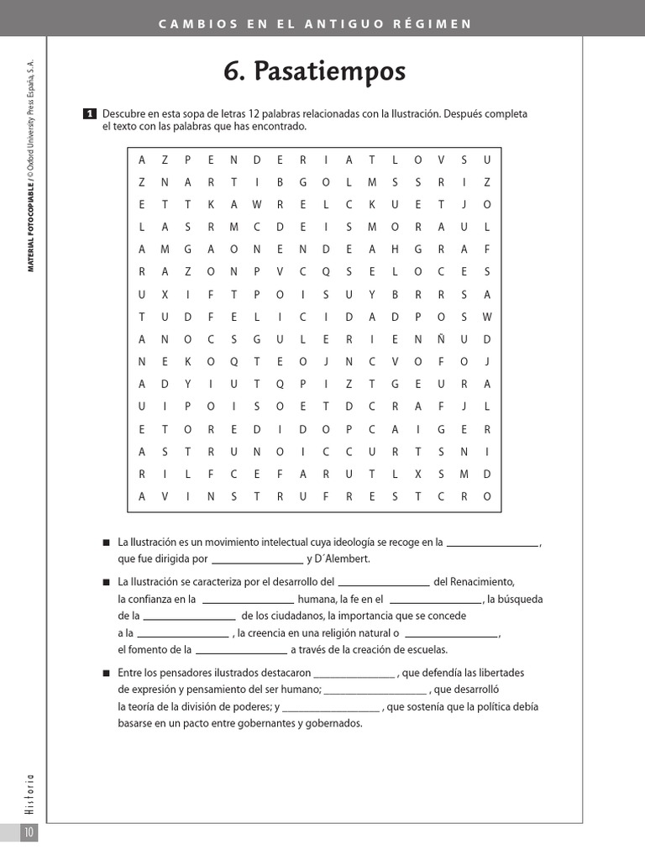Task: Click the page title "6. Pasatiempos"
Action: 314,72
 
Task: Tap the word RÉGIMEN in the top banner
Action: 435,24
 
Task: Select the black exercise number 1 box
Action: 90,114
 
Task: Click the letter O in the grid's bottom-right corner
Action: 486,496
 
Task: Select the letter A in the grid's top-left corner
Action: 142,159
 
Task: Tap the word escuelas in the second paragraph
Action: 404,649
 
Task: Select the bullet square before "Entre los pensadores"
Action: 106,674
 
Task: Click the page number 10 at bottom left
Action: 28,832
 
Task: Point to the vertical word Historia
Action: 29,794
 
